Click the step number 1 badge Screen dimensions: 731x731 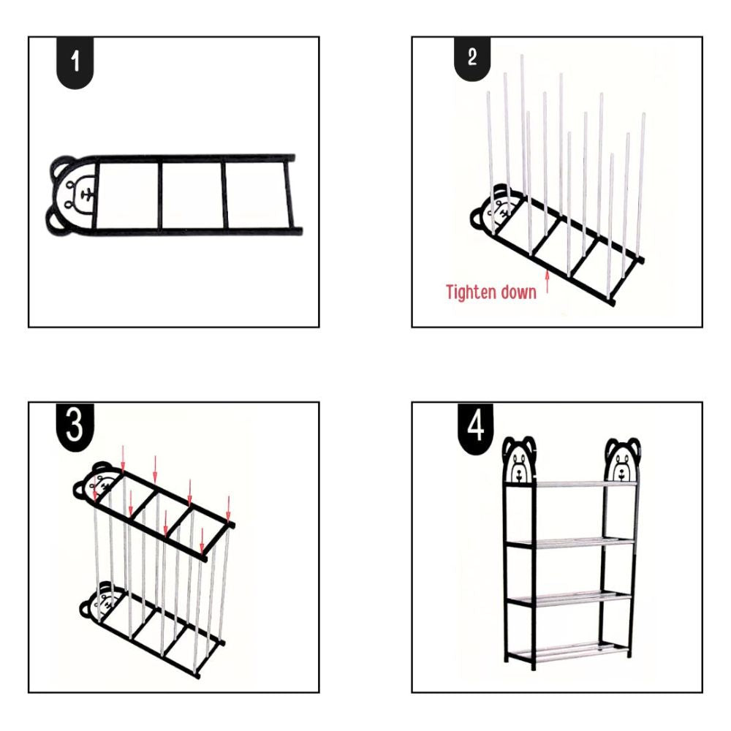(75, 62)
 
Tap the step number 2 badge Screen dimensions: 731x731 (472, 58)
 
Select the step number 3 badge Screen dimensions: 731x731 (75, 426)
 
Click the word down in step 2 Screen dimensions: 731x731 (518, 293)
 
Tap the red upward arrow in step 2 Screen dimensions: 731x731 (548, 282)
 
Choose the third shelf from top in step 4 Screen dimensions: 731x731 (569, 599)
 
